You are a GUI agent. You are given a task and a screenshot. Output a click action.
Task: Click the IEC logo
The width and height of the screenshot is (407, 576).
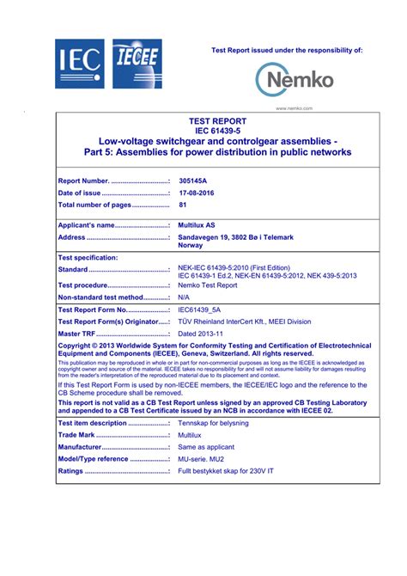[79, 64]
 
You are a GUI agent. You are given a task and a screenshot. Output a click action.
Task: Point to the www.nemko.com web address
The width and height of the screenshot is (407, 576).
[294, 108]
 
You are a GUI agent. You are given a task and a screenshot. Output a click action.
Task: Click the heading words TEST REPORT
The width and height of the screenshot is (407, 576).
[218, 121]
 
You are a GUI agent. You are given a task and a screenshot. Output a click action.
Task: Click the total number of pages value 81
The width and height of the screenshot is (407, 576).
[183, 205]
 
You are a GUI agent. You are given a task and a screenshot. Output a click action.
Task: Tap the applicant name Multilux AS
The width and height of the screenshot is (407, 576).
[197, 225]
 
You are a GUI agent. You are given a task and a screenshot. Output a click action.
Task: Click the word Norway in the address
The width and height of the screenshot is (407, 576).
[191, 245]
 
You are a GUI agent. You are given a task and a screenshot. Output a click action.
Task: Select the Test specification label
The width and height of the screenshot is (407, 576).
[88, 257]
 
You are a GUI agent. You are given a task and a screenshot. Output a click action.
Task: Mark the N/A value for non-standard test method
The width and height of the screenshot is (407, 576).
[184, 297]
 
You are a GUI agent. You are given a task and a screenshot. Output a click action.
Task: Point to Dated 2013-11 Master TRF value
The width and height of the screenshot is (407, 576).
[200, 334]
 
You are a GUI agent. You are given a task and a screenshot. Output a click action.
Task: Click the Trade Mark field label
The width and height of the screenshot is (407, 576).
[76, 435]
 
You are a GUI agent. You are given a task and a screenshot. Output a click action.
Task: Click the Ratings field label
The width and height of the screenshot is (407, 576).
[70, 471]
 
